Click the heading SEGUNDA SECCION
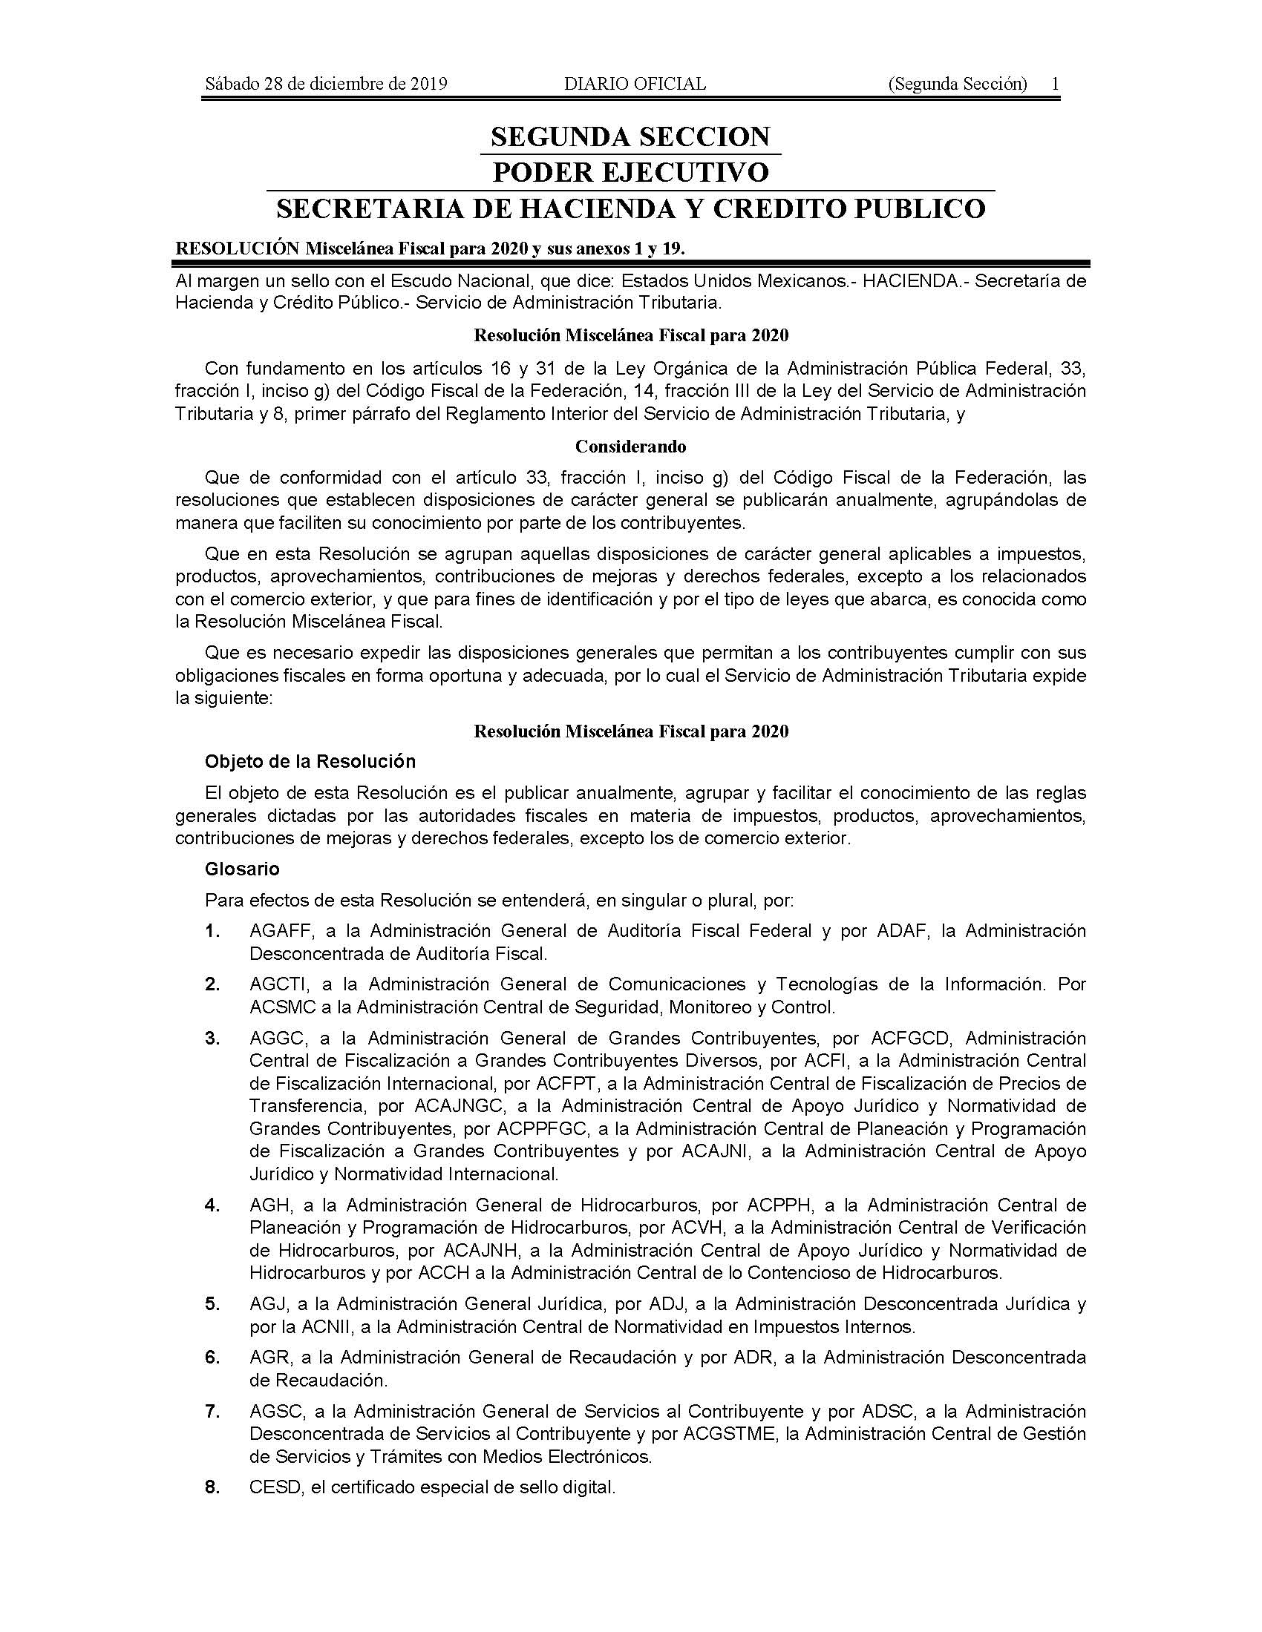630,136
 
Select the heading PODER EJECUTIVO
630,173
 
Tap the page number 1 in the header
1055,84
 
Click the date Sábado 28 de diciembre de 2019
326,84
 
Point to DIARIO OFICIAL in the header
635,84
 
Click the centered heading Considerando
630,447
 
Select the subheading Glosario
242,869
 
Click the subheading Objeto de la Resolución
310,761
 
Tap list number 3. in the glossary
213,1039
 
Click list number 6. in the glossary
213,1357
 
